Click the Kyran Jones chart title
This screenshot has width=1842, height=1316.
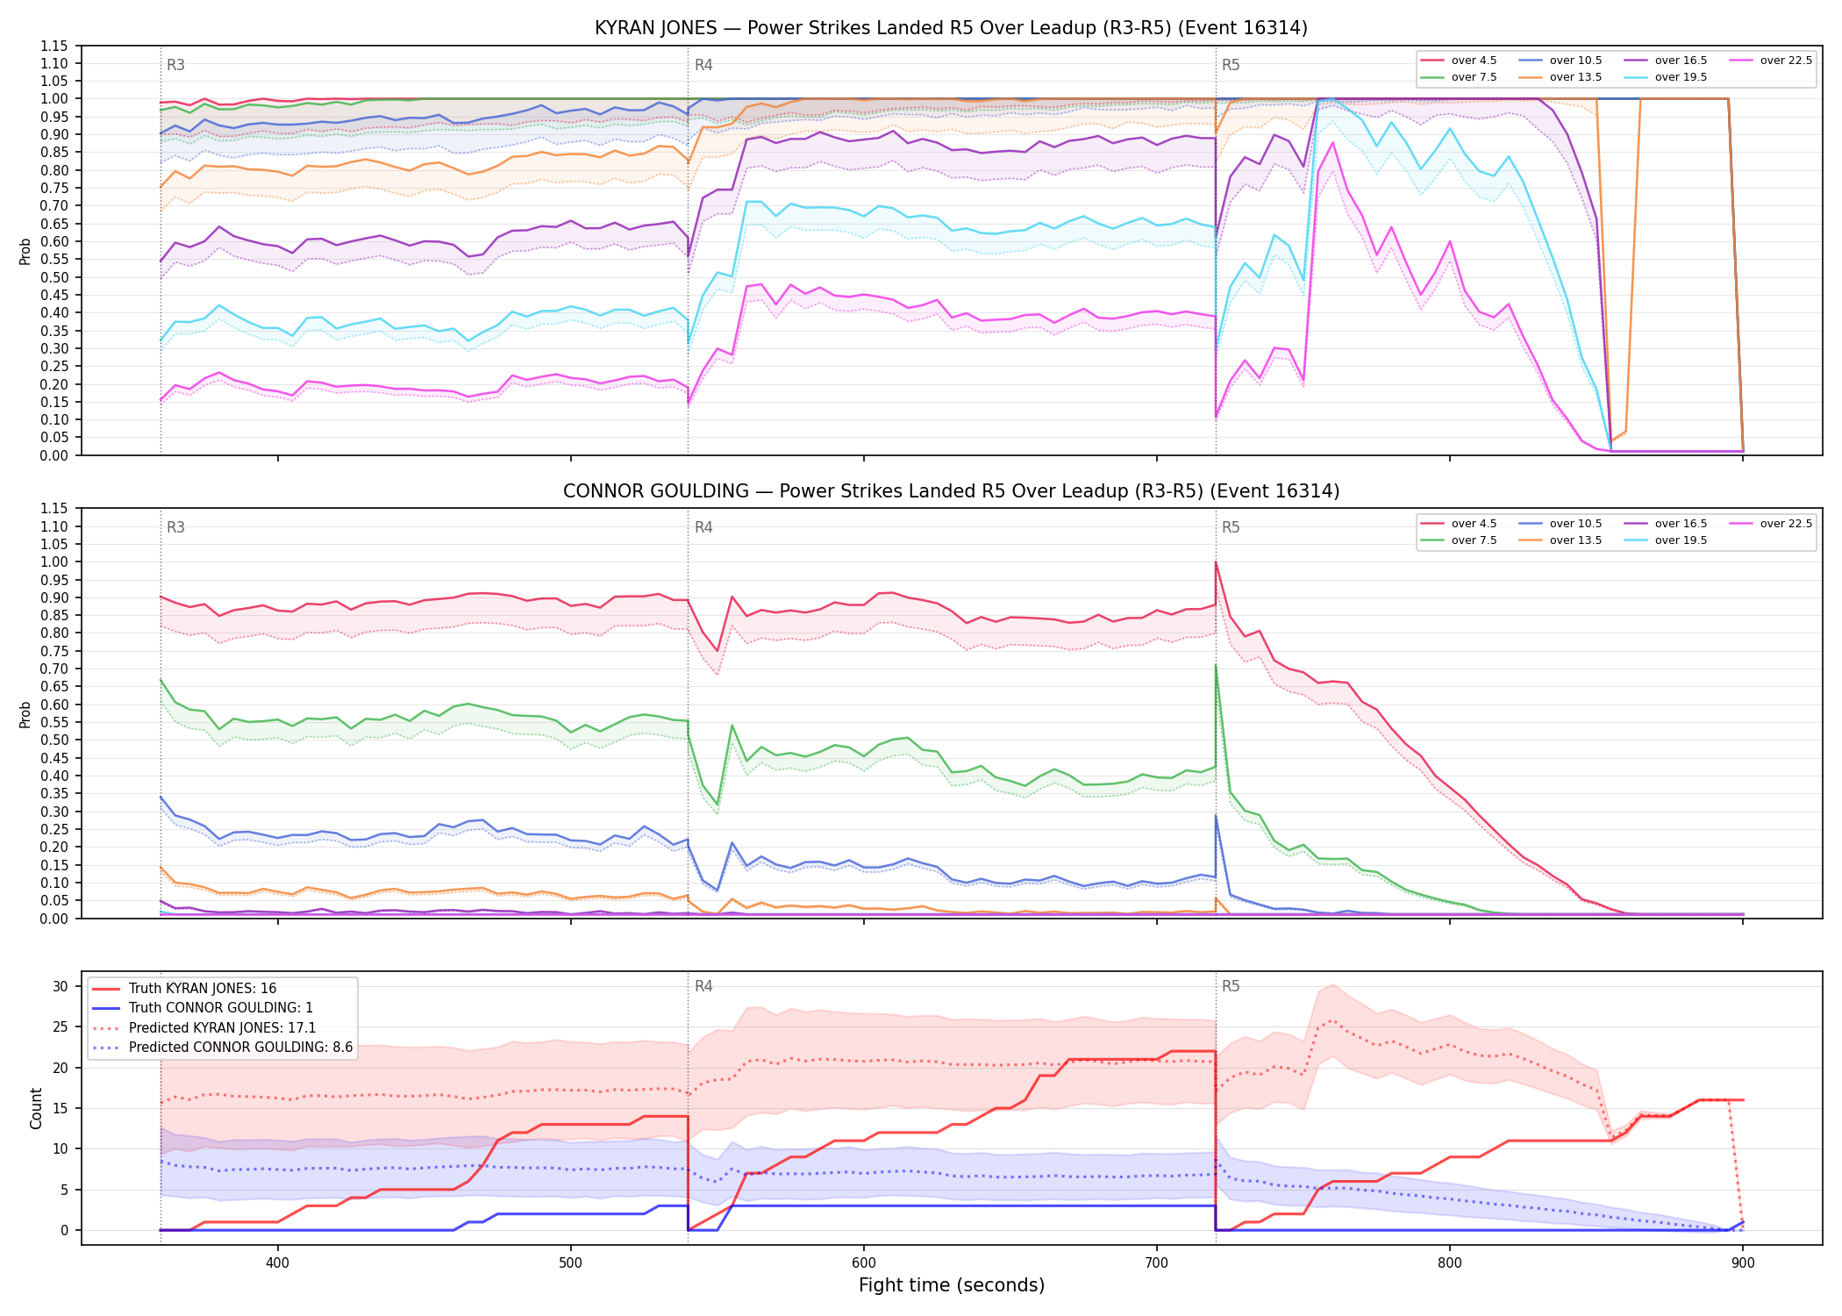[x=951, y=28]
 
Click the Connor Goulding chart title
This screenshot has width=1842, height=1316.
[x=951, y=491]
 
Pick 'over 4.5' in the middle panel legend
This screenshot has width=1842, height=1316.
[x=1474, y=524]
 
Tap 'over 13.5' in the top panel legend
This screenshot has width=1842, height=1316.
[x=1575, y=77]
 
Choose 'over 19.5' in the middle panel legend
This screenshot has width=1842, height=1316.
[x=1681, y=540]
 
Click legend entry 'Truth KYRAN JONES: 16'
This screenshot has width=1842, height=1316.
[x=203, y=989]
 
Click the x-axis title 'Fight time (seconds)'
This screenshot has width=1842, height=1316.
[x=952, y=1285]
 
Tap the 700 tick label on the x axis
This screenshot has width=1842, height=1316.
[x=1157, y=1262]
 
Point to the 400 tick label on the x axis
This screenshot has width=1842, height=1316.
[x=278, y=1262]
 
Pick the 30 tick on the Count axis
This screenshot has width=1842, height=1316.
[x=61, y=986]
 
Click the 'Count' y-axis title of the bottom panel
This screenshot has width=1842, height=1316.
[x=36, y=1108]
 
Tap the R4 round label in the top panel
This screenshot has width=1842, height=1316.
[x=703, y=65]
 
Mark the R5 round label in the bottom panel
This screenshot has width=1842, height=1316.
[x=1231, y=986]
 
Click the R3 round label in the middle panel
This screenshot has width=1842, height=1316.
[x=175, y=527]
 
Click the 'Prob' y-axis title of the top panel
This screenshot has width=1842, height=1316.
[x=25, y=251]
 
